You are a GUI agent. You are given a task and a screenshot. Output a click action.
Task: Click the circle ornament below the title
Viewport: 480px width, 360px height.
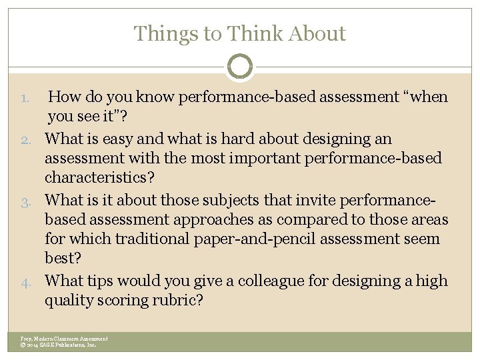[x=240, y=67]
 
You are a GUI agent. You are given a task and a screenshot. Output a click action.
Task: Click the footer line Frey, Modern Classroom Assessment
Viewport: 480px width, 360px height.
[x=64, y=339]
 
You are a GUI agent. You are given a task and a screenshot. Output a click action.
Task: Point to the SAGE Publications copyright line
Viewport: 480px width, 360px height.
[x=59, y=345]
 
